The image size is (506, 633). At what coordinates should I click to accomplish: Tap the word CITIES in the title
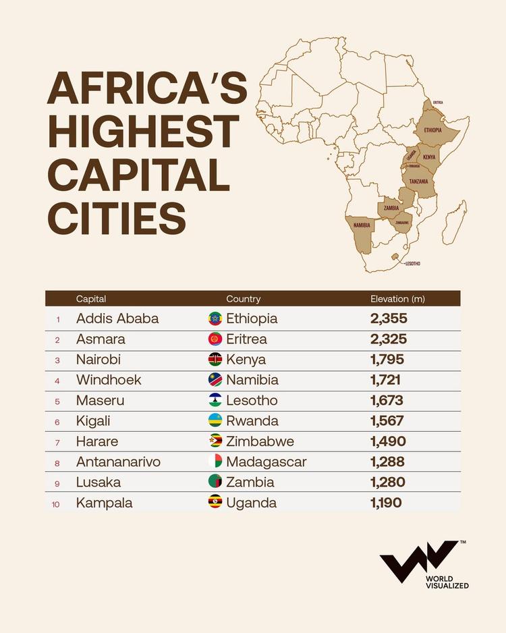[x=115, y=217]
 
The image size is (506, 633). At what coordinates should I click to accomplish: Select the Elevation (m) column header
[x=397, y=298]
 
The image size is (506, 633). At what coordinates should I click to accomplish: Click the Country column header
[x=243, y=298]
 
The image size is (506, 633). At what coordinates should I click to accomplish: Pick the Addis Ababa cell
[x=117, y=319]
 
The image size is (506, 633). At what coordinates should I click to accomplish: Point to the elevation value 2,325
[x=388, y=339]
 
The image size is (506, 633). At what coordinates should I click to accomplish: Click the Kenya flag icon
[x=215, y=360]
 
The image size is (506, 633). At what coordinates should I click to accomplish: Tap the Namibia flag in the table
[x=215, y=380]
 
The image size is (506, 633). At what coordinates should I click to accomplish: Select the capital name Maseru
[x=100, y=401]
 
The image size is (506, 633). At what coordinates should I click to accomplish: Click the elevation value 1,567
[x=387, y=421]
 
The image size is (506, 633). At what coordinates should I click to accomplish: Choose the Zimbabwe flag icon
[x=215, y=441]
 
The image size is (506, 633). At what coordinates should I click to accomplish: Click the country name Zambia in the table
[x=250, y=483]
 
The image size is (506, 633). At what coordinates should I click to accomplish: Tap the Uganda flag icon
[x=215, y=503]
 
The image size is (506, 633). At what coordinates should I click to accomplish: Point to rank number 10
[x=56, y=503]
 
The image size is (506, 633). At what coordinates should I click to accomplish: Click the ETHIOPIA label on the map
[x=432, y=130]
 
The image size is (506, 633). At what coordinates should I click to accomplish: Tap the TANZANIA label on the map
[x=418, y=181]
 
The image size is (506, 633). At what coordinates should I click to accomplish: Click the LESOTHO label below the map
[x=412, y=263]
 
